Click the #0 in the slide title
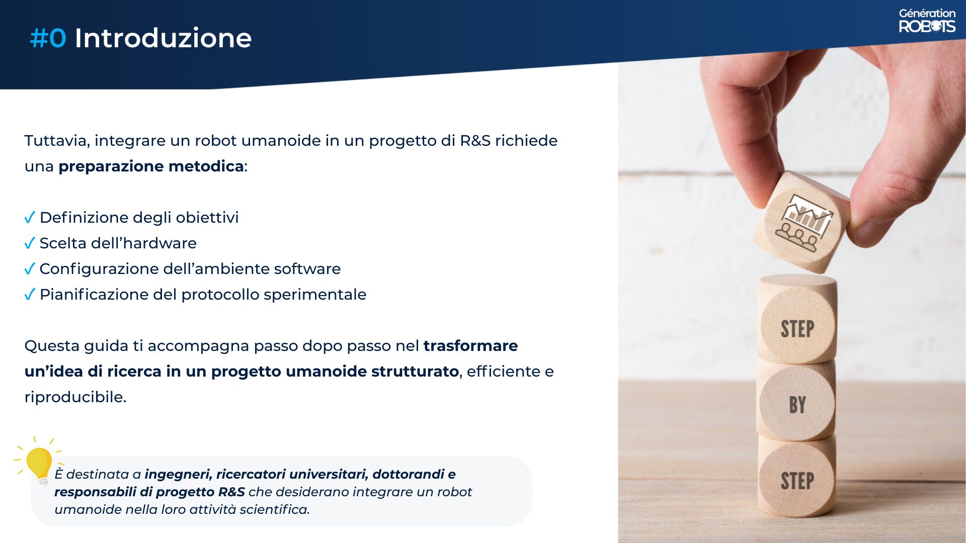[x=48, y=38]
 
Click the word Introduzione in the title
[x=163, y=38]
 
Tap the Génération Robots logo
[x=927, y=21]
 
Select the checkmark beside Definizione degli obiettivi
[x=30, y=218]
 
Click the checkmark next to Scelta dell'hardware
[x=30, y=243]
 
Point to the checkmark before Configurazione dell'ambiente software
[x=30, y=269]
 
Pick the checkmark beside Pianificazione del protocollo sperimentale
[x=30, y=295]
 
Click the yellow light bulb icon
[x=39, y=463]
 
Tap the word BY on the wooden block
[x=797, y=405]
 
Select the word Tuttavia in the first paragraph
[x=56, y=141]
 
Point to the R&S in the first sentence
[x=475, y=141]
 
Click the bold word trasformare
[x=470, y=346]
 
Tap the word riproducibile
[x=75, y=397]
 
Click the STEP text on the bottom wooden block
[x=797, y=481]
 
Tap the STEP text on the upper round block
[x=797, y=329]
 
